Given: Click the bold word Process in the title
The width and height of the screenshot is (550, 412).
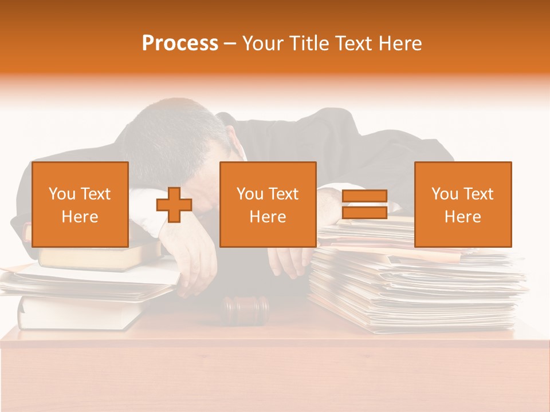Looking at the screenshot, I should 180,43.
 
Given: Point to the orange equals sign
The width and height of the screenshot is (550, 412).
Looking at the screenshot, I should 364,204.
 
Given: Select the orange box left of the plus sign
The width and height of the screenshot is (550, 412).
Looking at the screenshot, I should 80,204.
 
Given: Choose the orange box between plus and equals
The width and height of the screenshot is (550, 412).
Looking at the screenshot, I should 268,204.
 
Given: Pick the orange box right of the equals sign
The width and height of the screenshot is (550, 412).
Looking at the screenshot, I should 463,204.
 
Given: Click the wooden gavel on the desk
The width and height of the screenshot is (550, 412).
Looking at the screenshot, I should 245,309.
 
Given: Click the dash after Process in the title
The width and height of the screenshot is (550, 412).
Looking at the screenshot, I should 230,44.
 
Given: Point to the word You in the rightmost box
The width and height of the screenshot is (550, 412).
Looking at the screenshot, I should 445,194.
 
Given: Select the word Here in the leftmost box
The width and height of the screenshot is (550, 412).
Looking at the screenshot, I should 80,217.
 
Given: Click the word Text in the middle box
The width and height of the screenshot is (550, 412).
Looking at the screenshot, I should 284,194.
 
